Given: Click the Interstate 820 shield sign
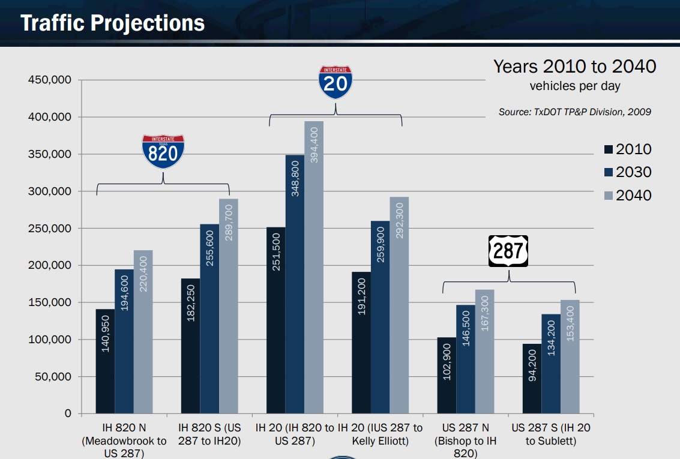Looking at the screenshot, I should (x=163, y=151).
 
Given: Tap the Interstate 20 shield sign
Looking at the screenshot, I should (x=335, y=82).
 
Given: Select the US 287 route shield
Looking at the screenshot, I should (x=508, y=251).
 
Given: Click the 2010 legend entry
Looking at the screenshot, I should (x=627, y=149).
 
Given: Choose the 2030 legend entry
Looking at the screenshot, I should (x=627, y=172).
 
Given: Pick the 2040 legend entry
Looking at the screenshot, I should (x=627, y=195).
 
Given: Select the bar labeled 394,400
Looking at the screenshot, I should (x=314, y=267).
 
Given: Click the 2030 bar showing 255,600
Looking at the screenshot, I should (x=209, y=319).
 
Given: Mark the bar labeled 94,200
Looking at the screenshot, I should (x=532, y=379).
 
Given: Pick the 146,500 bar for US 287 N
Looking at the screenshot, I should (x=466, y=359).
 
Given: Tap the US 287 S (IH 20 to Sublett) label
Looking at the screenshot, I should (x=550, y=435).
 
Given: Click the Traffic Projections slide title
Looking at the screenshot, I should (x=113, y=23).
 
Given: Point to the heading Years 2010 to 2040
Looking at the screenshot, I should (x=574, y=67).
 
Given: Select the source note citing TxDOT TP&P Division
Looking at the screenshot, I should (x=574, y=112).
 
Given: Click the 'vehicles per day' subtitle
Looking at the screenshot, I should (x=574, y=86).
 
